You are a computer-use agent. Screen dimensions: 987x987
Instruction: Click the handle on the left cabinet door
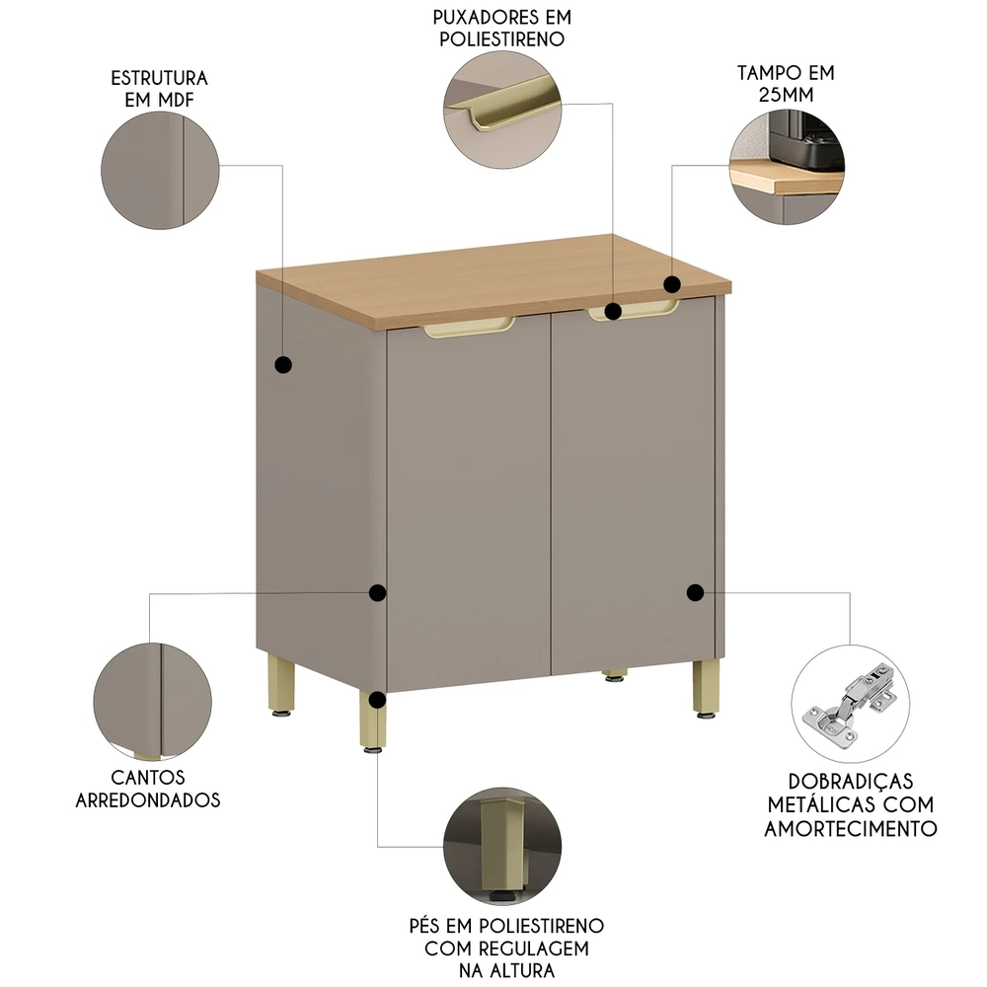(x=470, y=329)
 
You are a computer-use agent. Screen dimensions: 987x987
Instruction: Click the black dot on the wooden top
(x=671, y=284)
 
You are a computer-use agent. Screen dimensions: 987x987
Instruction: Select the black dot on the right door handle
(x=612, y=312)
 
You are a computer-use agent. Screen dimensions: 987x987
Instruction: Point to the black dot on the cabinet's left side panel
(x=283, y=365)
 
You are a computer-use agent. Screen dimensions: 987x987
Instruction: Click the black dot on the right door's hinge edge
(x=695, y=592)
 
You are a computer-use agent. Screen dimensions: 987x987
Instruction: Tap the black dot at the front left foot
(x=376, y=700)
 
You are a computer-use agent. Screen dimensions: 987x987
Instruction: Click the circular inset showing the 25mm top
(x=787, y=167)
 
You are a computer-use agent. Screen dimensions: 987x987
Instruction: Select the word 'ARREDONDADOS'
(x=148, y=799)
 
